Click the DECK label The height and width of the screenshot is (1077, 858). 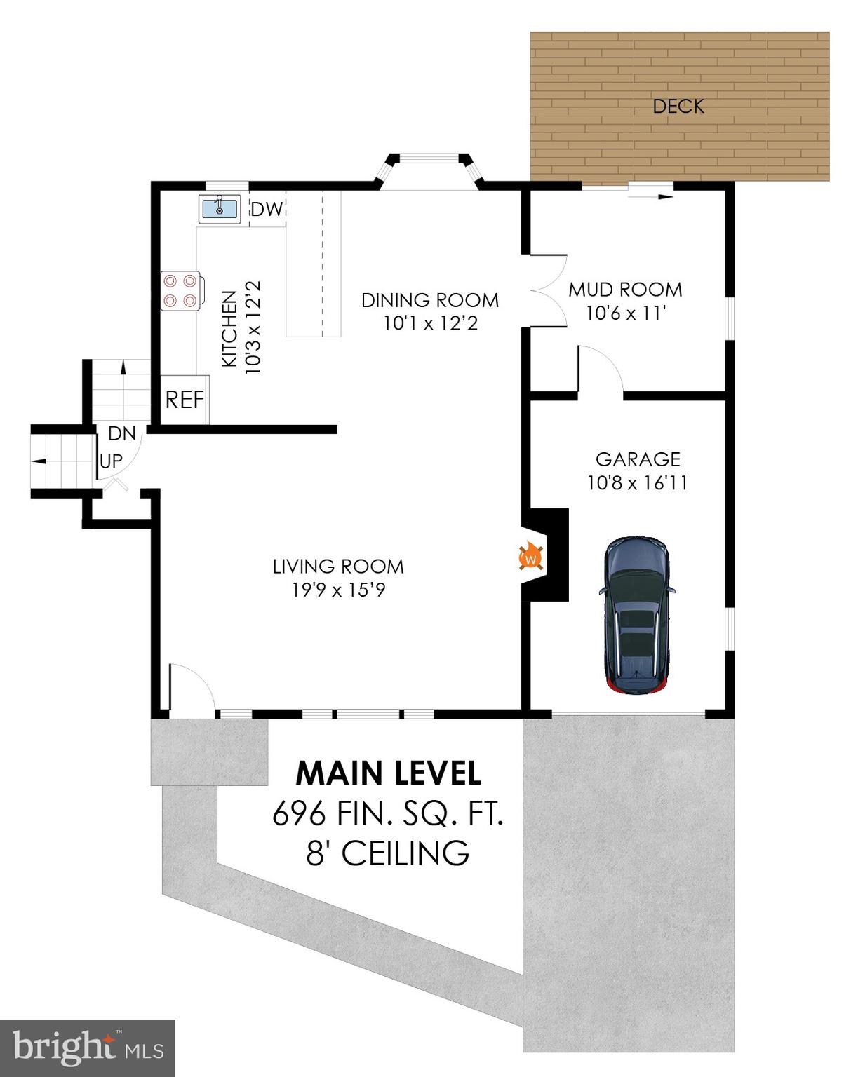678,106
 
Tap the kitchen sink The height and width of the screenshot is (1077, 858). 219,208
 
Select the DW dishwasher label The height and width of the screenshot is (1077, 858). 267,209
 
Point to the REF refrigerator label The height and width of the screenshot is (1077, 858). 185,400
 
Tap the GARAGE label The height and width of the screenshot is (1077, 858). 637,459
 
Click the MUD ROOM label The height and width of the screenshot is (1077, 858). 624,290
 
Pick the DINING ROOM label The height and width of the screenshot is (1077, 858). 430,300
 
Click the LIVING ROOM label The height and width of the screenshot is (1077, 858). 338,567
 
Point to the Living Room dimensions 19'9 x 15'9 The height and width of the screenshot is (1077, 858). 339,590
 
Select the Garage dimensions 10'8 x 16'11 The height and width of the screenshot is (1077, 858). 637,483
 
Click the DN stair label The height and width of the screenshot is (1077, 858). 121,433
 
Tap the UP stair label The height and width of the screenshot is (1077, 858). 111,461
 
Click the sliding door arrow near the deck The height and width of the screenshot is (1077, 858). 650,197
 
